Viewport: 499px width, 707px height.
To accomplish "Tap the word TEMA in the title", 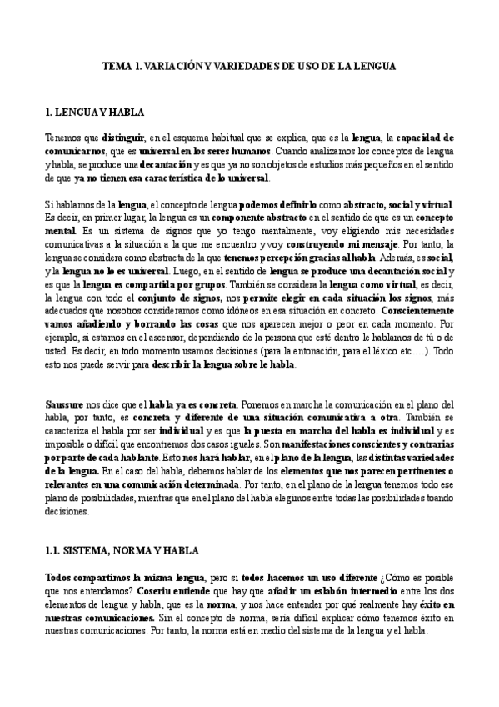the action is pyautogui.click(x=115, y=63).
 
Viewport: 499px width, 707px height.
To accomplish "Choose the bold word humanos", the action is pyautogui.click(x=249, y=152).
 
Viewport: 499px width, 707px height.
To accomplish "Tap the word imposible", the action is pyautogui.click(x=67, y=444).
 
